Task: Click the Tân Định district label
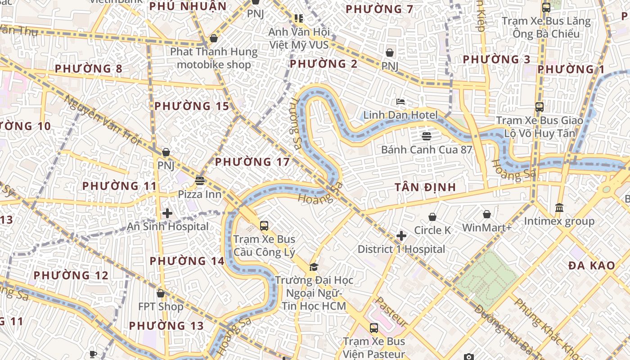(425, 187)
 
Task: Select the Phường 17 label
(252, 162)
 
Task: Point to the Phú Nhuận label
(188, 6)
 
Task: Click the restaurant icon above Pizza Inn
(200, 181)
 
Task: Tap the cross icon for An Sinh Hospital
(167, 213)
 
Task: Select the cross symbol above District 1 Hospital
(401, 235)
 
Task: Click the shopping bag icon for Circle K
(432, 217)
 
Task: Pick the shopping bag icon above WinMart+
(487, 214)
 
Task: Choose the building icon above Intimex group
(559, 207)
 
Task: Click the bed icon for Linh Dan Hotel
(400, 102)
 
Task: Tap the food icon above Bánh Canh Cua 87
(426, 135)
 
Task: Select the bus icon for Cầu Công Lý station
(264, 225)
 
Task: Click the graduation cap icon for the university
(314, 266)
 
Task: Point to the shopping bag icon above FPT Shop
(161, 293)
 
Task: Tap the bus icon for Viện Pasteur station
(373, 328)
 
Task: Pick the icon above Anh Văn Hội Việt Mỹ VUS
(299, 18)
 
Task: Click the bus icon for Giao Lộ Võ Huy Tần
(540, 107)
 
